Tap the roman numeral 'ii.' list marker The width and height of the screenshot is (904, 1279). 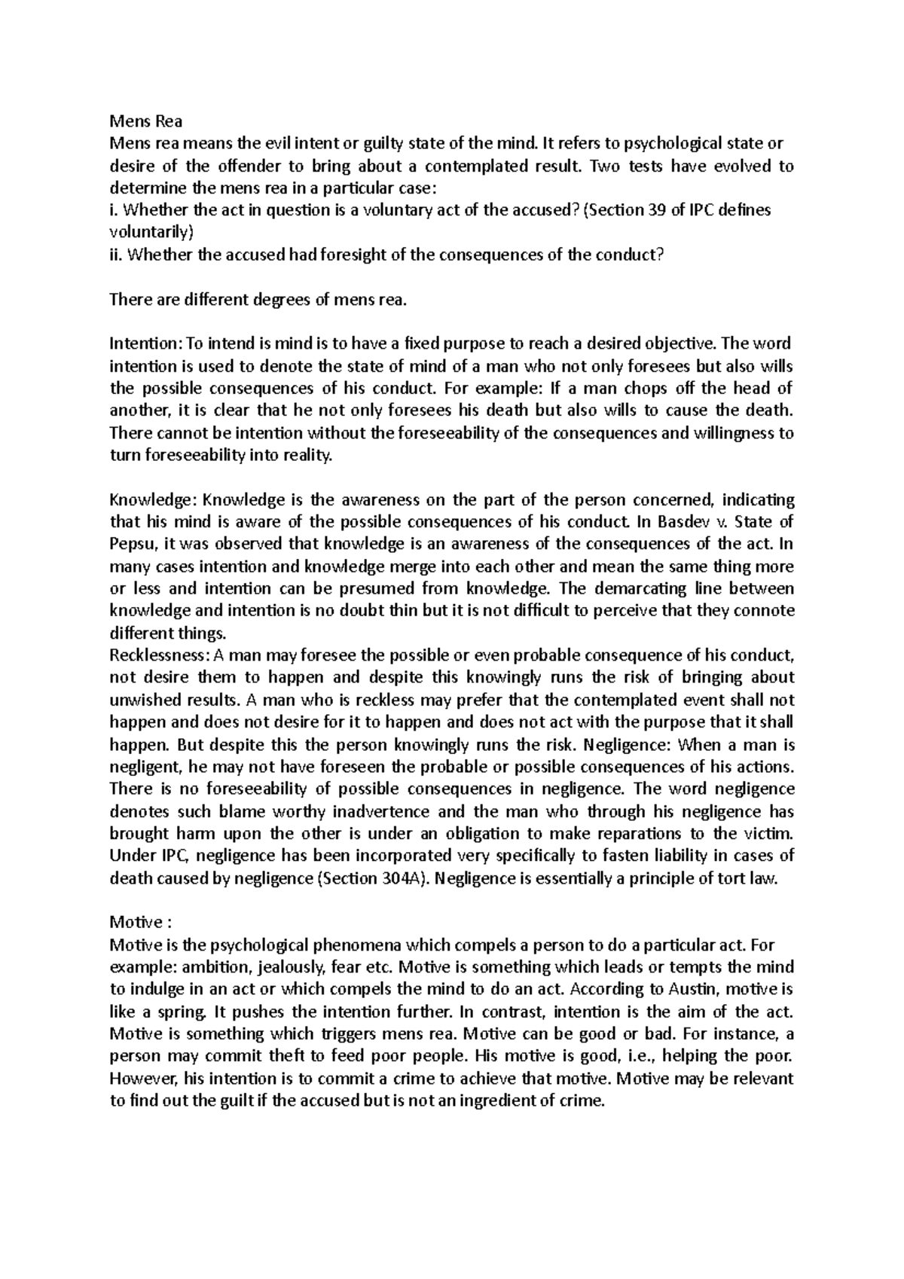tap(116, 255)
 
